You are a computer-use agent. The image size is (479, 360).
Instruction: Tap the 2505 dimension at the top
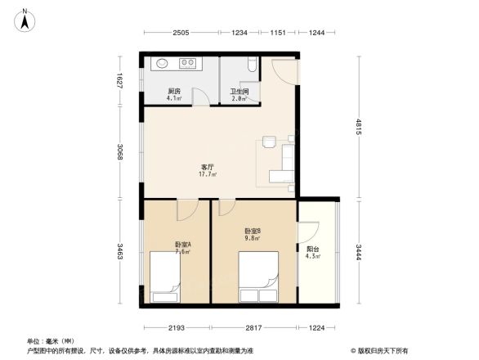pos(181,33)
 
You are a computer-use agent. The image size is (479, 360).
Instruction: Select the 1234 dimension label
pos(239,33)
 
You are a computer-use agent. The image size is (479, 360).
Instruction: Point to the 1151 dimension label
pos(278,33)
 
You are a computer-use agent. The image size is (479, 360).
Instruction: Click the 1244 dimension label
pos(317,33)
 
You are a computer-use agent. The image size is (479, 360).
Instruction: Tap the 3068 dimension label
pos(120,151)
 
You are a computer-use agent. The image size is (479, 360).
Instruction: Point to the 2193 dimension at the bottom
pos(177,327)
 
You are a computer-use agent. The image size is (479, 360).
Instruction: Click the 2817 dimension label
pos(253,327)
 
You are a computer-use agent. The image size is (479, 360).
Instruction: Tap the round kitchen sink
pos(162,62)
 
